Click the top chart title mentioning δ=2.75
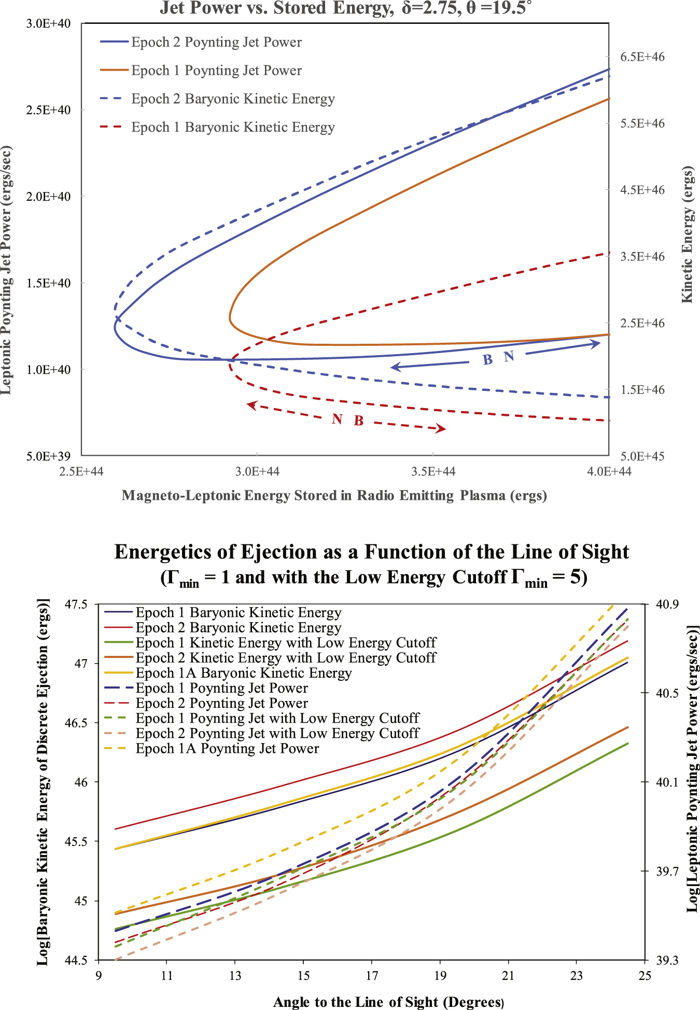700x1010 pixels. click(x=345, y=8)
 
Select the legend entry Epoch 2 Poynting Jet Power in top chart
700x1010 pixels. click(x=216, y=42)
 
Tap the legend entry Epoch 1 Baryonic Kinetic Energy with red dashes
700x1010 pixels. click(x=233, y=127)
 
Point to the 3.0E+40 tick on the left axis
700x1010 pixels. click(x=48, y=24)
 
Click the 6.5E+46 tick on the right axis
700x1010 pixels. click(x=642, y=57)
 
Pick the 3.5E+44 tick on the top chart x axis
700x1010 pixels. click(x=432, y=471)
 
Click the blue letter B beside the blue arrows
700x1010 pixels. click(x=487, y=360)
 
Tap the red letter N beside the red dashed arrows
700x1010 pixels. click(x=337, y=419)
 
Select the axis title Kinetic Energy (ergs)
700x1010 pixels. click(x=687, y=234)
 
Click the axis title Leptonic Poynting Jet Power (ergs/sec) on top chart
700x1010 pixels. click(x=6, y=270)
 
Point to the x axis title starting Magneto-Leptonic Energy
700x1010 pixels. click(x=334, y=496)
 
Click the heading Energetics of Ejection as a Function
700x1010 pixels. click(x=372, y=552)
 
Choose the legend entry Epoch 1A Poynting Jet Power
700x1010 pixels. click(x=227, y=749)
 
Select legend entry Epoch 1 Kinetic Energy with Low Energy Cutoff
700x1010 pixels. click(x=286, y=643)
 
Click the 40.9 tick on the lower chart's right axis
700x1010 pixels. click(x=667, y=605)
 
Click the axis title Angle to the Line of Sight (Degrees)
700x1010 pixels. click(x=388, y=1002)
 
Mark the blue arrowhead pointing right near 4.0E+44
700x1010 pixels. click(x=596, y=344)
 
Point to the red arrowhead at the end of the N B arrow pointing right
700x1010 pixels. click(x=441, y=428)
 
